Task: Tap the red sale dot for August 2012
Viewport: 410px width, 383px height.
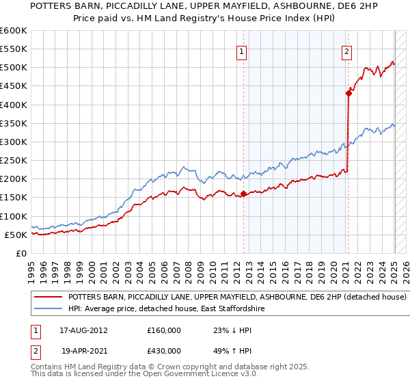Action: pos(244,194)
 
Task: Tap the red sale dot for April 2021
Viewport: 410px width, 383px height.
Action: pos(348,94)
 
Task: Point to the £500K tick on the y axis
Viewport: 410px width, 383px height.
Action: pos(14,68)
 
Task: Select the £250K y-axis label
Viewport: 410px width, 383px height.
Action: pos(14,160)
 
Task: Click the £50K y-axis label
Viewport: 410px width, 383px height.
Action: pos(16,235)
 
